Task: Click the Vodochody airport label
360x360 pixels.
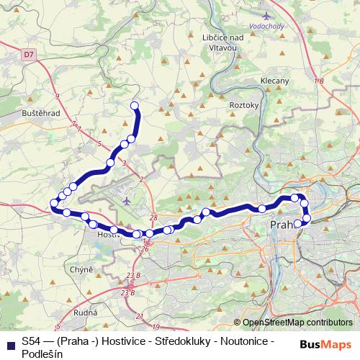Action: coord(268,23)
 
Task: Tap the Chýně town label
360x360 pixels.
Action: coord(83,269)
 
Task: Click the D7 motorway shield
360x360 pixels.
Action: coord(28,53)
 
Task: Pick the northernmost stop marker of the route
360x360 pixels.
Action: coord(134,106)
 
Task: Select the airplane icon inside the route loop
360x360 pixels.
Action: coord(127,201)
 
